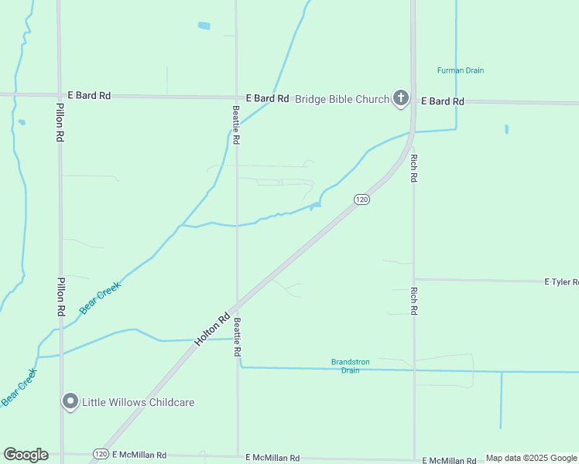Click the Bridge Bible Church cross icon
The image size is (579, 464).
point(400,97)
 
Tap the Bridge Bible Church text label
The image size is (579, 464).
point(343,99)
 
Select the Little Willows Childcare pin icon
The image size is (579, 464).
point(70,401)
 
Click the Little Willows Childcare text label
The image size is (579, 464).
point(138,402)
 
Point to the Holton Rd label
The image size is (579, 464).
point(212,328)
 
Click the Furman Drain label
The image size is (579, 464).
point(460,70)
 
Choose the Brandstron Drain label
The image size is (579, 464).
point(345,366)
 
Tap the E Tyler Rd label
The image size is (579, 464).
point(560,282)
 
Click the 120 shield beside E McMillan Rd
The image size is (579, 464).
point(100,454)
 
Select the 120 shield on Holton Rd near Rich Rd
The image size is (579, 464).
point(361,200)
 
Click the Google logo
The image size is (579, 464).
point(26,455)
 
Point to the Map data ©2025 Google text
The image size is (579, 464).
point(531,458)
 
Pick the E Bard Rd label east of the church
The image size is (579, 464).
point(442,101)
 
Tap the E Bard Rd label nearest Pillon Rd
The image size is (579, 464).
point(89,95)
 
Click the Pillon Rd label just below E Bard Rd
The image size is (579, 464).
point(60,122)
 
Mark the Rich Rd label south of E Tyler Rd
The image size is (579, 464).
point(414,301)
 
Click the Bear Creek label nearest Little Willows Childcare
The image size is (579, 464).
point(19,387)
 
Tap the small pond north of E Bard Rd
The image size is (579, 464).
point(204,26)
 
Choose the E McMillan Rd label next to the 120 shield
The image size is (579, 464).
point(139,455)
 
